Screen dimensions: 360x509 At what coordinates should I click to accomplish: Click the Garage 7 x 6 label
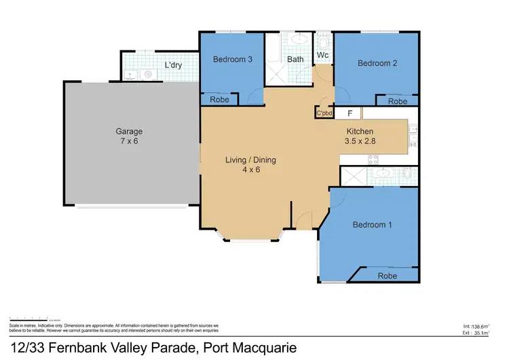point(129,137)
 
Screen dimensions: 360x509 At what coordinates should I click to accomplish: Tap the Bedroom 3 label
point(233,60)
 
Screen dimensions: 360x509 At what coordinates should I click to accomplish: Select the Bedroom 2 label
point(377,63)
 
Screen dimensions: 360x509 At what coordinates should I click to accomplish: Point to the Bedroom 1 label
point(372,224)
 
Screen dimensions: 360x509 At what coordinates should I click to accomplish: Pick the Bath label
point(295,60)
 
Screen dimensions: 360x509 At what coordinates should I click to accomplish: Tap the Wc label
point(322,55)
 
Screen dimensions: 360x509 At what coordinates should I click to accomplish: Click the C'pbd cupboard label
point(324,114)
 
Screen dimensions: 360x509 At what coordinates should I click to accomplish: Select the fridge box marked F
point(350,113)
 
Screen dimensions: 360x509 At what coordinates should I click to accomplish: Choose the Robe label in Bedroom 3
point(219,100)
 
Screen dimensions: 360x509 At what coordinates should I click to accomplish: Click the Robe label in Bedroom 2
point(398,101)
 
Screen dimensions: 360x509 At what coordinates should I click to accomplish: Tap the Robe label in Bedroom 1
point(387,276)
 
